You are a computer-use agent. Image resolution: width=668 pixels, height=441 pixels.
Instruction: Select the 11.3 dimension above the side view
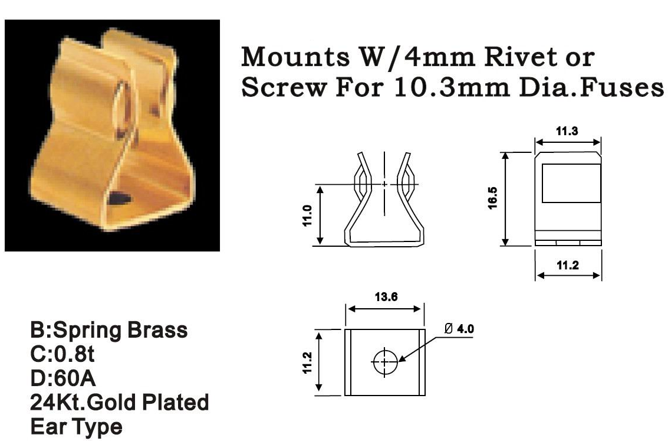pyautogui.click(x=568, y=131)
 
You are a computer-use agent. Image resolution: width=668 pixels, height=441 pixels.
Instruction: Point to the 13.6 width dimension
pyautogui.click(x=384, y=297)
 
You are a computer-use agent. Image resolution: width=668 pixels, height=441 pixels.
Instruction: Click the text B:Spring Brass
pyautogui.click(x=109, y=330)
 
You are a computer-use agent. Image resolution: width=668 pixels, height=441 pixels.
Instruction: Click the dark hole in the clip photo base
pyautogui.click(x=119, y=197)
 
